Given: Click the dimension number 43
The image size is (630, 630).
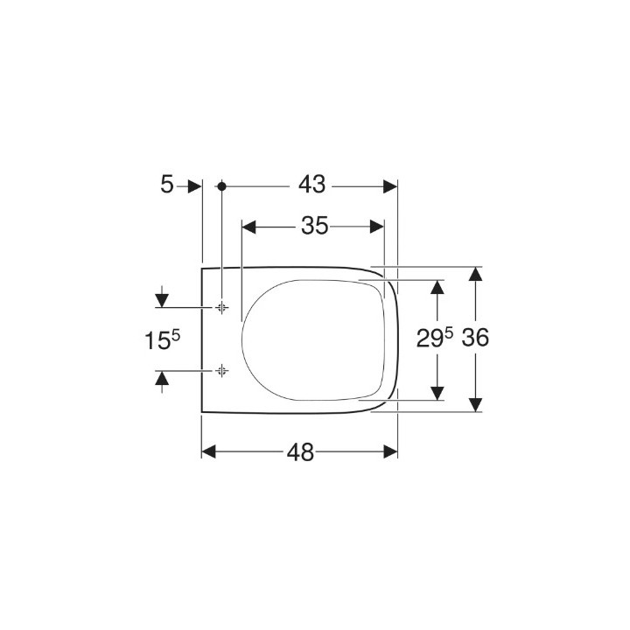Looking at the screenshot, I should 311,185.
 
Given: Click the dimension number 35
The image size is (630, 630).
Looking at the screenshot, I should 314,226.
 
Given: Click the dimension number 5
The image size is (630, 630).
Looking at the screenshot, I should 166,185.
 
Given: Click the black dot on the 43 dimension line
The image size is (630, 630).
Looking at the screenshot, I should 222,185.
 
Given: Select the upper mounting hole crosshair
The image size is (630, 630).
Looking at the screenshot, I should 222,307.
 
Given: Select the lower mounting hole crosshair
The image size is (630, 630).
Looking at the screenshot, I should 222,371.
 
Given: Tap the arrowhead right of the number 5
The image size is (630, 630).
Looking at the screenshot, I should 194,185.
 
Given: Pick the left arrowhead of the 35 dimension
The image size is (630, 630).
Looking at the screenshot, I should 248,227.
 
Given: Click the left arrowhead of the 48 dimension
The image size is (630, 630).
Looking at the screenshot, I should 209,451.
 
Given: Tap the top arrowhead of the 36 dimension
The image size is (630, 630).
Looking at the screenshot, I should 474,274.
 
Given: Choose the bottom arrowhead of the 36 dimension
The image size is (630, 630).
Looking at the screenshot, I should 474,403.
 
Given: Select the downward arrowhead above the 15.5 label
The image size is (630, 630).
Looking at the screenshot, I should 162,300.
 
